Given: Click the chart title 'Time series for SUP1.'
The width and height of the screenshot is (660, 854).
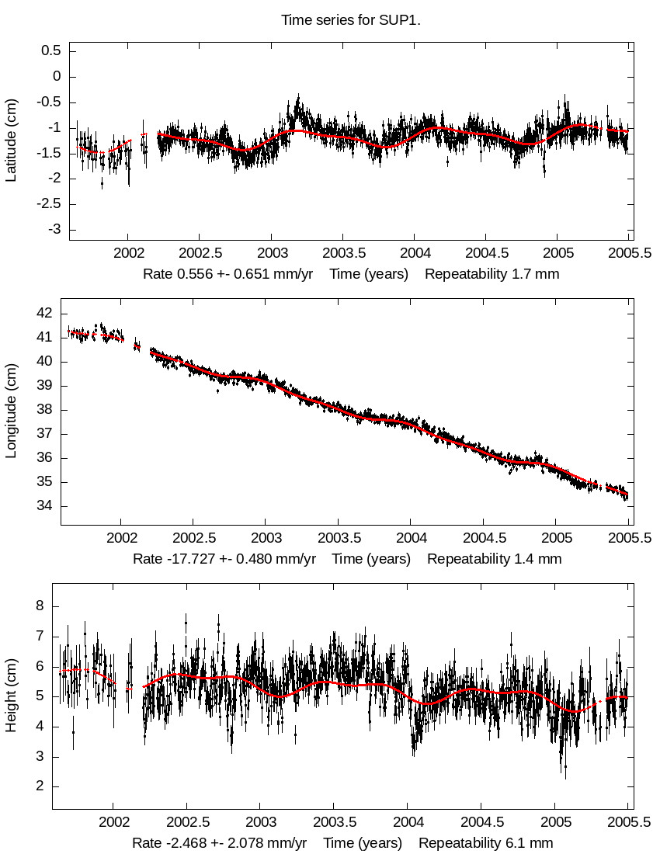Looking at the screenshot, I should click(x=351, y=20).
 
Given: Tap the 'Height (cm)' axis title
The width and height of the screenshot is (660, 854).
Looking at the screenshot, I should click(x=11, y=696).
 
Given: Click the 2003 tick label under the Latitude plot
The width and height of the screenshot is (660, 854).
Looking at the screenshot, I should click(x=272, y=253).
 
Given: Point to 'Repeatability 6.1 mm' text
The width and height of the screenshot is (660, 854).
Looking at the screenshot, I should click(x=486, y=843).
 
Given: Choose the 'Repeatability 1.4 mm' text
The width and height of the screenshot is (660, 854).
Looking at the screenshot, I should click(x=494, y=559).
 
